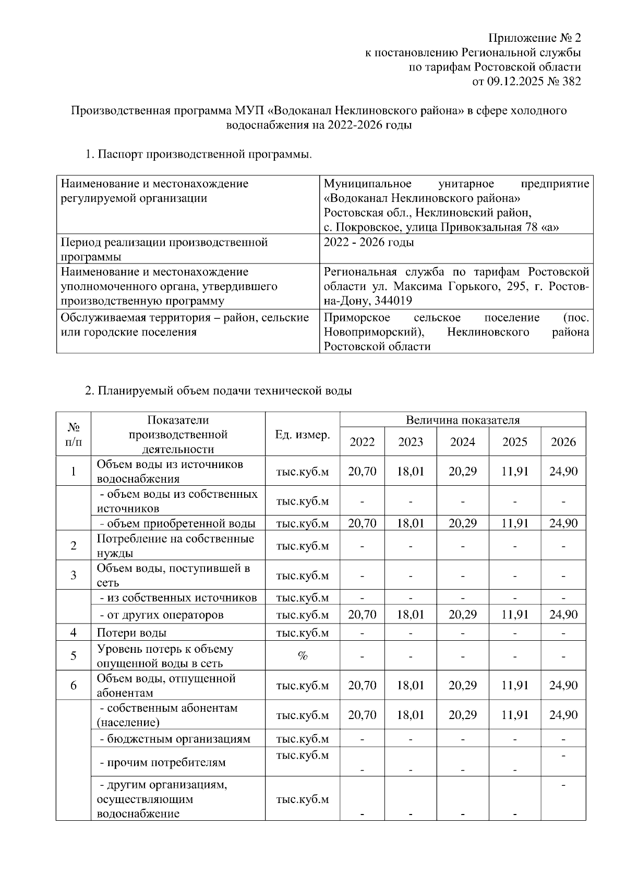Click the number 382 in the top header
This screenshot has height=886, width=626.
[569, 81]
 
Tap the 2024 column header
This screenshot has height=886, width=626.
[462, 442]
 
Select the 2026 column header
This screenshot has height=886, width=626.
[563, 442]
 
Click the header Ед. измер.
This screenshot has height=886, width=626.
[302, 435]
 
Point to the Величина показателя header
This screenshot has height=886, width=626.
[462, 420]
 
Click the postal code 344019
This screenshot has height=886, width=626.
[393, 301]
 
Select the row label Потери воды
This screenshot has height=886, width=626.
[131, 633]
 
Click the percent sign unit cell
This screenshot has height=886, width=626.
[302, 656]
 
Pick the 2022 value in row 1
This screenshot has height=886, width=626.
[362, 471]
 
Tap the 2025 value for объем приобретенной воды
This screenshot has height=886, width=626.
[514, 523]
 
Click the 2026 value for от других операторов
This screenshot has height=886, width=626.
[563, 615]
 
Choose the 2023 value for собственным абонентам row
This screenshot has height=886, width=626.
[411, 715]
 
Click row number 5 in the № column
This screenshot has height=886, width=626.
[74, 656]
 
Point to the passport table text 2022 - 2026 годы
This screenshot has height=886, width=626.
[369, 243]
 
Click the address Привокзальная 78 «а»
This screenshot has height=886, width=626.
[499, 228]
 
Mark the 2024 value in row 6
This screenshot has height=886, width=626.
[462, 685]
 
